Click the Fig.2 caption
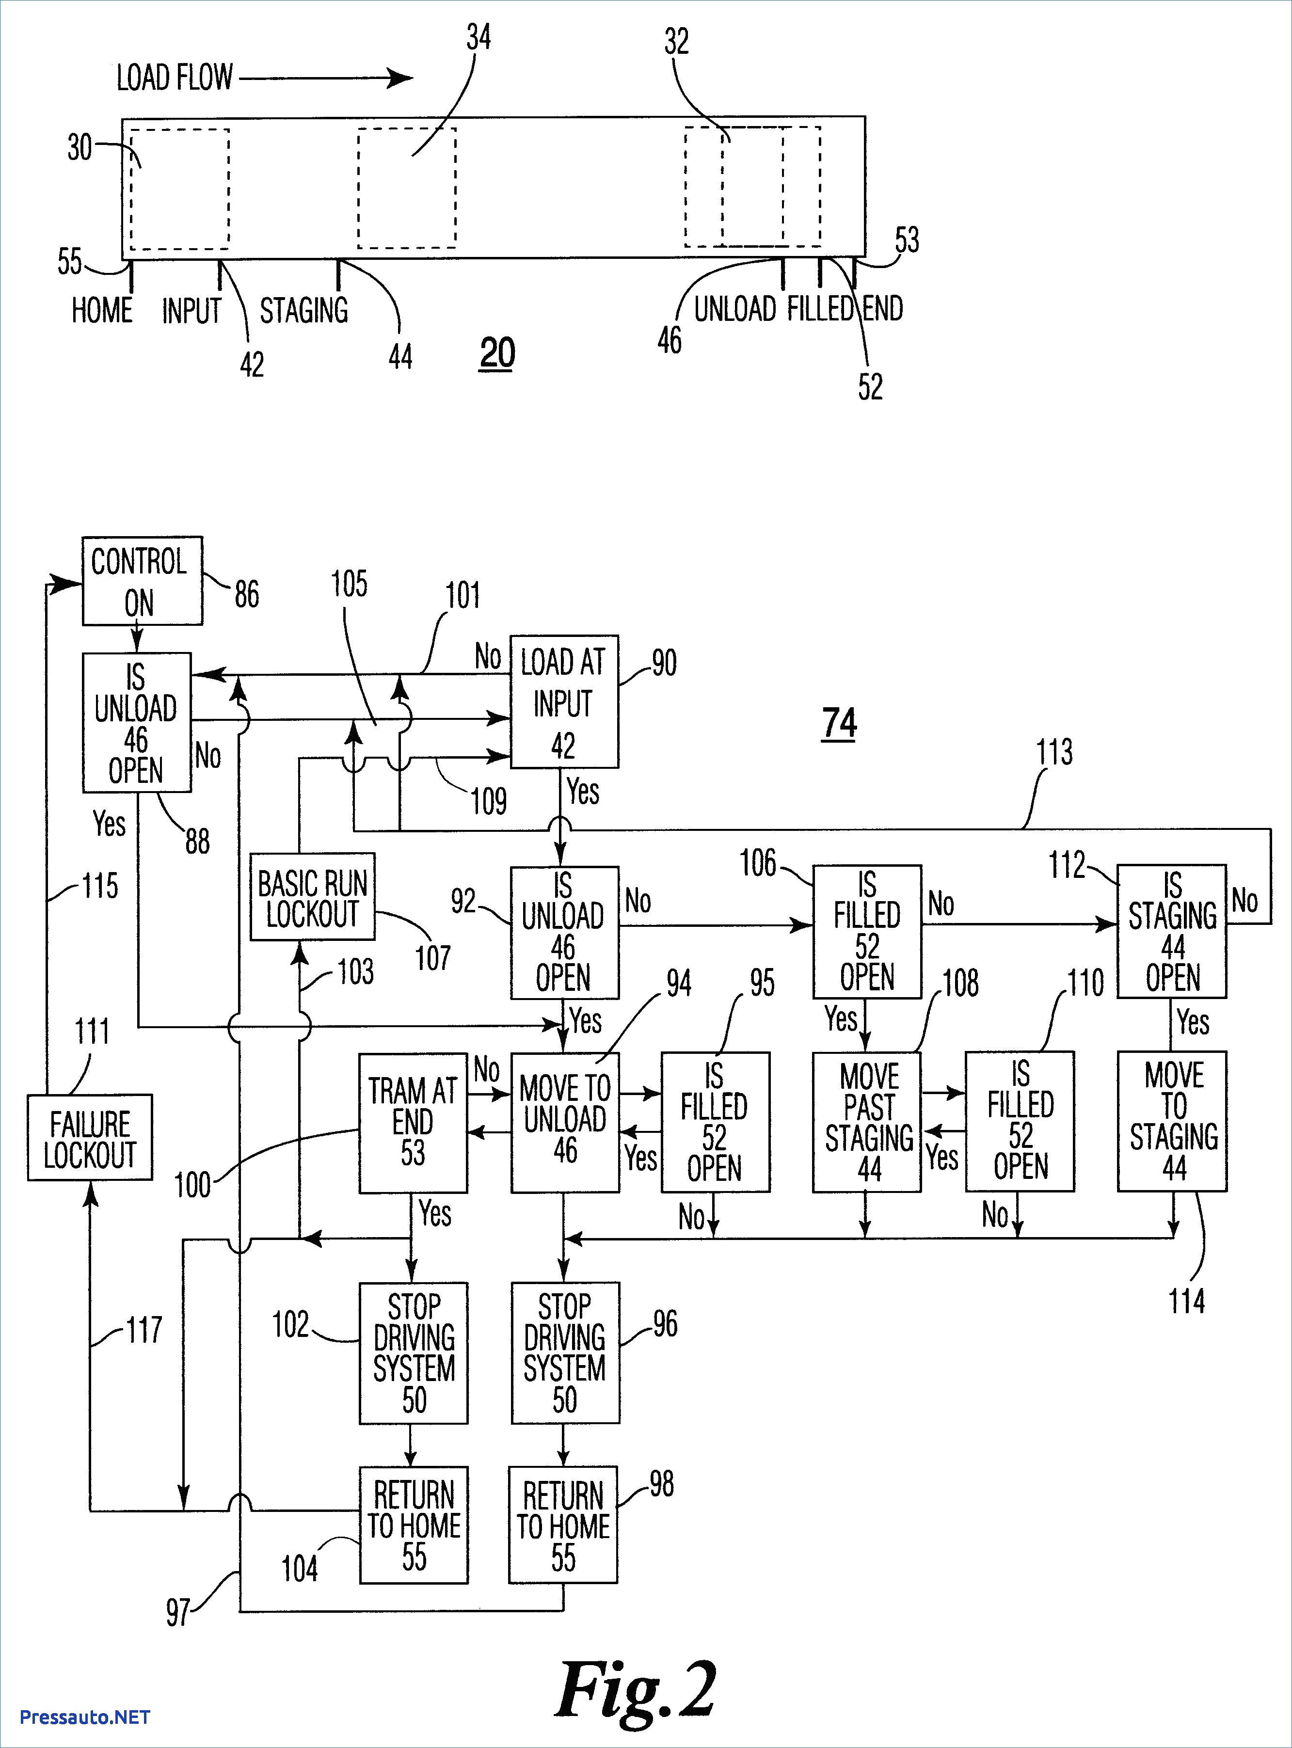click(x=635, y=1687)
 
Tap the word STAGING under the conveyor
click(x=304, y=311)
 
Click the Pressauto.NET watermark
click(x=84, y=1716)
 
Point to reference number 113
click(x=1054, y=752)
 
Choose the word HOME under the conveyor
click(x=102, y=311)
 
